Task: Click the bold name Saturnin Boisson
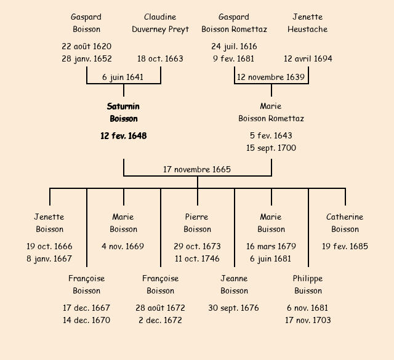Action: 123,113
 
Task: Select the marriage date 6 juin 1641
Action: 123,78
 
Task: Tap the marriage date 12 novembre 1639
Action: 271,78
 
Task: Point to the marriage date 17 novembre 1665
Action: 197,169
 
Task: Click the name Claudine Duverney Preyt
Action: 160,23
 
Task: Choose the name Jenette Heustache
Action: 307,23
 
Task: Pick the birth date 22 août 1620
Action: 86,46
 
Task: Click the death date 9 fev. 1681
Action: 234,59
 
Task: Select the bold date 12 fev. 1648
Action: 123,135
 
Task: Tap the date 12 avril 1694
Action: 308,59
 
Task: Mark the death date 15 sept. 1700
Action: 271,148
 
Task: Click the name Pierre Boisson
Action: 197,223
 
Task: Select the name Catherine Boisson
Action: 345,223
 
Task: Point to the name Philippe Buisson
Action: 308,284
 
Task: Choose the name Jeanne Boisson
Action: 234,284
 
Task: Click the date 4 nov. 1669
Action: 123,246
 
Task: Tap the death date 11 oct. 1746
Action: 197,258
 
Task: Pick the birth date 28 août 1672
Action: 160,308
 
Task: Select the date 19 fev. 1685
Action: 345,246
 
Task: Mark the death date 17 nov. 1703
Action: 308,320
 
